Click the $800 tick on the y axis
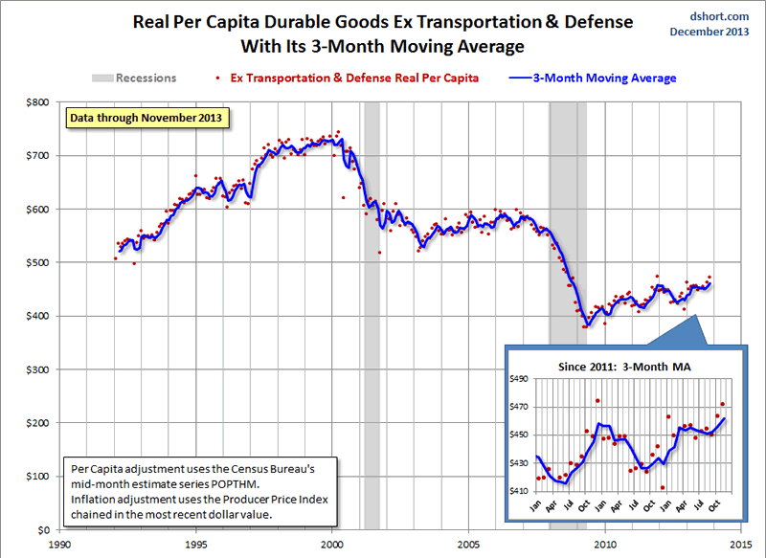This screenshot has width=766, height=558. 36,102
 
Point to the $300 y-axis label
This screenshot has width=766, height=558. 36,369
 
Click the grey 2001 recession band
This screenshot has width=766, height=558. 372,316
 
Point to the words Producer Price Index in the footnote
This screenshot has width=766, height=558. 259,501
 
